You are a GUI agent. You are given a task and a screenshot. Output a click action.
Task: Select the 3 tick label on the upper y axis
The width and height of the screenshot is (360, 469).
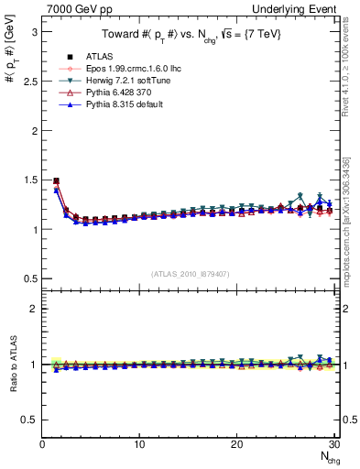point(33,31)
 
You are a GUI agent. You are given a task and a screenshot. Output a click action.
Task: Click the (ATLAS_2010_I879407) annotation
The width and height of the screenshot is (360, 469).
point(188,274)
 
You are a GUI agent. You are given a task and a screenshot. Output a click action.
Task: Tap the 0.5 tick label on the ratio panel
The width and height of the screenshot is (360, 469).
point(28,420)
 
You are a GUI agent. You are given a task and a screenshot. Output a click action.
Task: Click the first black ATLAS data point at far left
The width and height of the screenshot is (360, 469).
point(57,181)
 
